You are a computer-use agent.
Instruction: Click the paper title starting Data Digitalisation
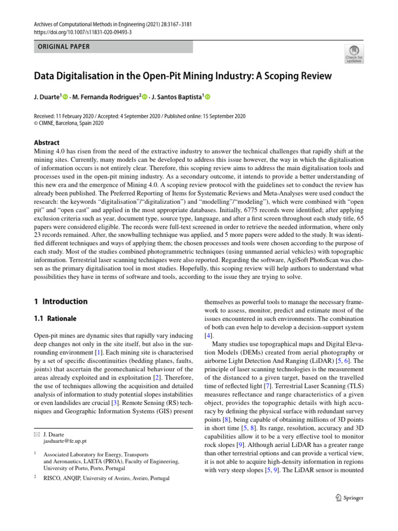click(182, 76)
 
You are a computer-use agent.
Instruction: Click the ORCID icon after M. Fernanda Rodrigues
click(145, 97)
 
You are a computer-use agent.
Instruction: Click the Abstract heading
click(47, 143)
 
